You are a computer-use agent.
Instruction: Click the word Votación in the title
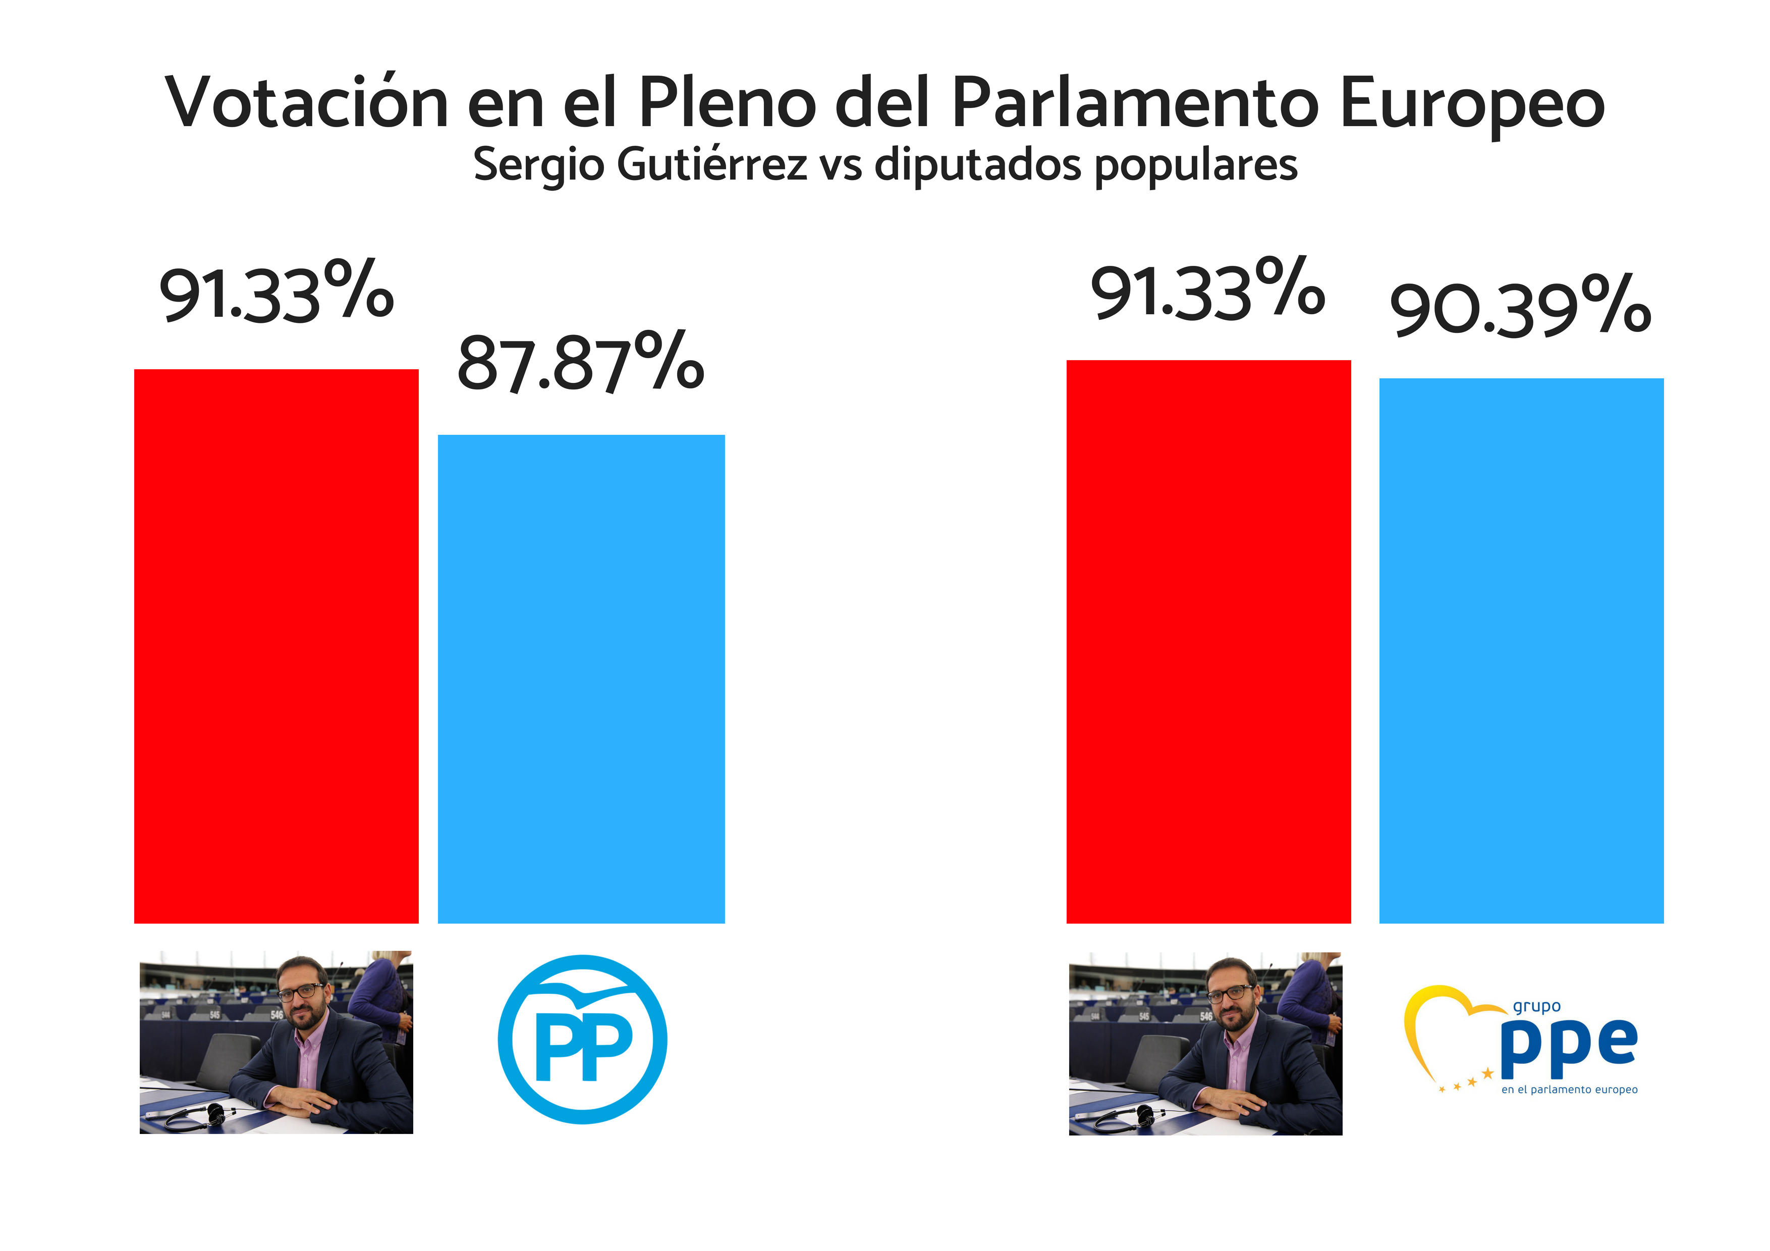click(x=306, y=103)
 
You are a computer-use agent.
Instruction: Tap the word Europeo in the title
click(x=1472, y=103)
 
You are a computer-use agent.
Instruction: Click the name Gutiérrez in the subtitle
click(x=712, y=165)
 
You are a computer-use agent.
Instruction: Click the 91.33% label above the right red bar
click(x=1207, y=290)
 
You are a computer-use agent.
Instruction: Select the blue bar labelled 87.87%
click(x=581, y=678)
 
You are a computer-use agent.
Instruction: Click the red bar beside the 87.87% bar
click(x=276, y=646)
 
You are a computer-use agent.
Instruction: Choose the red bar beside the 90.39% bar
click(x=1208, y=641)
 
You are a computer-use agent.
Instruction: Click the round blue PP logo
click(x=582, y=1039)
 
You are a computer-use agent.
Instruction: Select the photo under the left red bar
click(x=276, y=1042)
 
